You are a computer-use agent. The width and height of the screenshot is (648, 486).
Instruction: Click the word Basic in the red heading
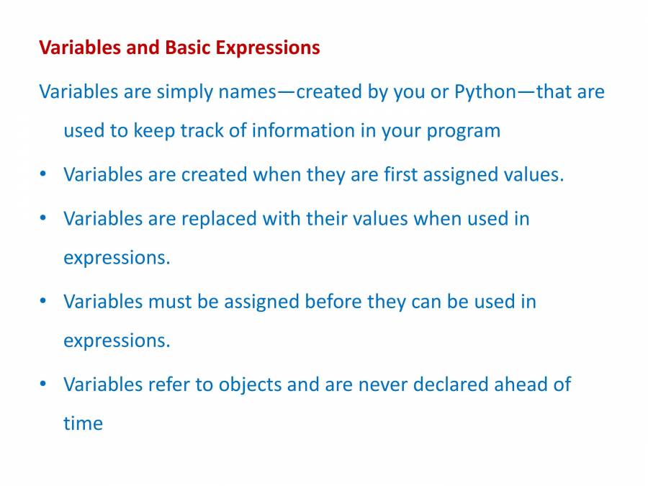(188, 47)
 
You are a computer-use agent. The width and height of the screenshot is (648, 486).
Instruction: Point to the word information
(303, 130)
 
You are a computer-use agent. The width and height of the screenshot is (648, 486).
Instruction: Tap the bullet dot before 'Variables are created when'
(43, 174)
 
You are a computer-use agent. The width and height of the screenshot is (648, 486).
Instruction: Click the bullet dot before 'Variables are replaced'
(43, 217)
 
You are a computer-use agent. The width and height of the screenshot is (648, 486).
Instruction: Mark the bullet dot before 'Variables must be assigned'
(43, 301)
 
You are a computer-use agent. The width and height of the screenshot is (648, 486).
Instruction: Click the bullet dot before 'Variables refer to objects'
(43, 384)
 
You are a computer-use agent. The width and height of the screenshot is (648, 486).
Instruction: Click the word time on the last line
(83, 423)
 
